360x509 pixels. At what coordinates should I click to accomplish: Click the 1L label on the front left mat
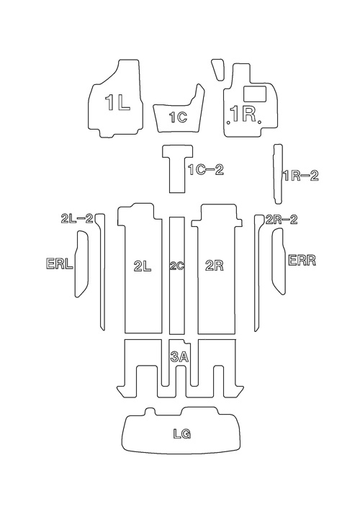[x=117, y=103]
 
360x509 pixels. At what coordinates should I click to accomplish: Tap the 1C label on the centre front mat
[x=179, y=117]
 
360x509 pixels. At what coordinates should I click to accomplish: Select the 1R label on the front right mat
[x=243, y=114]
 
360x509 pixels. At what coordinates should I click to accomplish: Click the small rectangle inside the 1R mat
[x=255, y=94]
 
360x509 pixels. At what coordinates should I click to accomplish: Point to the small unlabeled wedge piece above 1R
[x=218, y=69]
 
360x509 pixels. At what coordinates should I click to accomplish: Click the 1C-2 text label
[x=206, y=170]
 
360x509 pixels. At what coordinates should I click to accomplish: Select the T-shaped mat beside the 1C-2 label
[x=178, y=168]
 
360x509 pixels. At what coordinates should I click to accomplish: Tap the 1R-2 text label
[x=301, y=176]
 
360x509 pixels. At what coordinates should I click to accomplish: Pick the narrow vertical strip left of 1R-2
[x=277, y=174]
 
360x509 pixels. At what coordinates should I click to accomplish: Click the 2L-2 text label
[x=77, y=218]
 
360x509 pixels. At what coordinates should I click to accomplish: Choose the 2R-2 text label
[x=282, y=220]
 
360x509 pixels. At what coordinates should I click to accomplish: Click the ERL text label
[x=60, y=263]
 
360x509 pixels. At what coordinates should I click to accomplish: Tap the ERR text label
[x=302, y=261]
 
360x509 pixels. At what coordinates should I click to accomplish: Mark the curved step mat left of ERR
[x=279, y=261]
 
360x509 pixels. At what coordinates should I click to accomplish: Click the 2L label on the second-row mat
[x=143, y=266]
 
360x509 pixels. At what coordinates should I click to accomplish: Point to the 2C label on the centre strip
[x=177, y=266]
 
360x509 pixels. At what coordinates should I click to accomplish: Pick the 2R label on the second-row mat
[x=215, y=266]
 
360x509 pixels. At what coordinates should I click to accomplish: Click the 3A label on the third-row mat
[x=179, y=357]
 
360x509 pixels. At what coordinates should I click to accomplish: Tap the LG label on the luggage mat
[x=181, y=433]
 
